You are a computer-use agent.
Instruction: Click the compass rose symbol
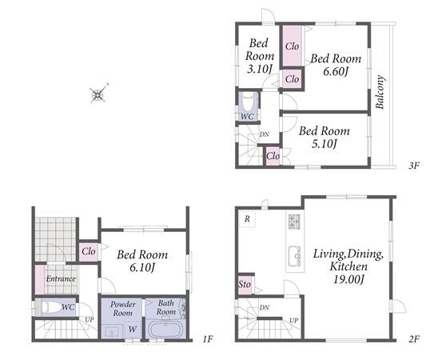coord(98,94)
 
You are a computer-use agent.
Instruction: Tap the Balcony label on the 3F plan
coord(380,92)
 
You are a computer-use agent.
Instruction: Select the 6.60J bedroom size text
coord(336,72)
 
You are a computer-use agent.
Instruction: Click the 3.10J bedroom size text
coord(259,69)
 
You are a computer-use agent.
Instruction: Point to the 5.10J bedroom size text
coord(325,144)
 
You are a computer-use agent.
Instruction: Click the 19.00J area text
coord(349,279)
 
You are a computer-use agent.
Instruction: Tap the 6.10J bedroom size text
coord(142,268)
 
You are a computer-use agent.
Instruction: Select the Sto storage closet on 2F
coord(245,284)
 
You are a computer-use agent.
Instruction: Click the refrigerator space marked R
coord(247,218)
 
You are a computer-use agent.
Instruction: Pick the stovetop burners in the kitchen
coord(295,222)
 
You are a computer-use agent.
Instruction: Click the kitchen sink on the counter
coord(295,257)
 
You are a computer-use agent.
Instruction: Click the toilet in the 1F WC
coord(51,307)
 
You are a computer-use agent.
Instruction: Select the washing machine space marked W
coord(132,329)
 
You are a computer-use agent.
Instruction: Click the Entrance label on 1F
coord(61,278)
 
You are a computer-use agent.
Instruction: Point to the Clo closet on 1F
coord(89,251)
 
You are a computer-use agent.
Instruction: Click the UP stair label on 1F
coord(90,320)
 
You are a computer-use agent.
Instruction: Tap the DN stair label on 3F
coord(264,134)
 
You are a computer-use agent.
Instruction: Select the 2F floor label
coord(413,338)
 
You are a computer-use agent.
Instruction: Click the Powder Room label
coord(122,308)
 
